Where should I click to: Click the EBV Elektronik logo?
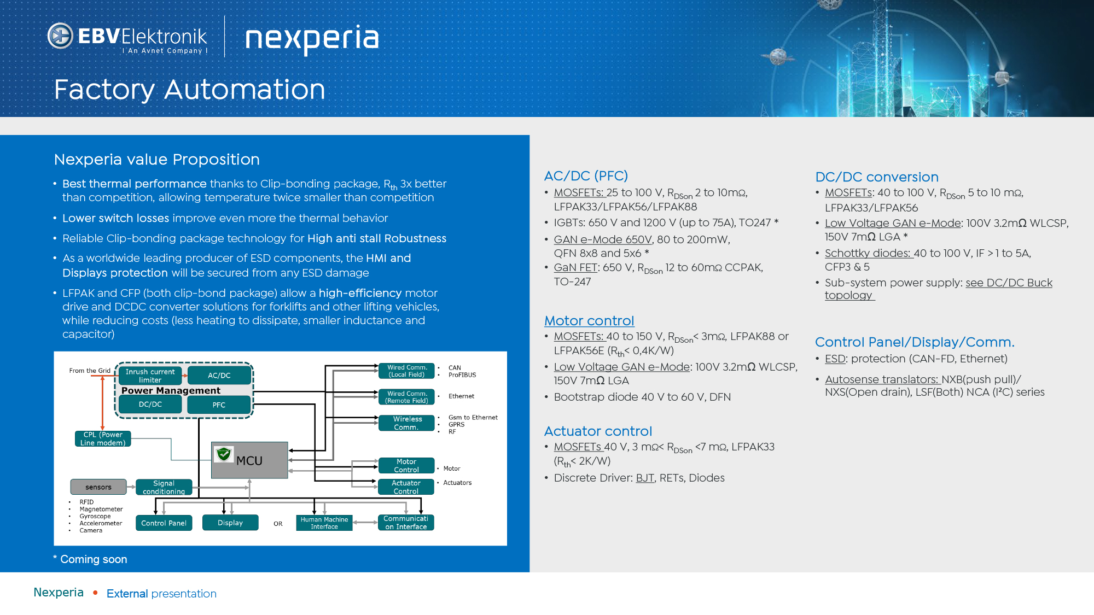tap(127, 37)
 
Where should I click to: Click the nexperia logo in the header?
tap(312, 38)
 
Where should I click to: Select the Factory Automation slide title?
tap(189, 90)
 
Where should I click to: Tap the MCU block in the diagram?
tap(249, 460)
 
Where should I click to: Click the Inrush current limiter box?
tap(150, 376)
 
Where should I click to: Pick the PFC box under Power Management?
tap(219, 405)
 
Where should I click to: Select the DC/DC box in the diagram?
tap(150, 405)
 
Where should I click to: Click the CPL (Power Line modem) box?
tap(103, 439)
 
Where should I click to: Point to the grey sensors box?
tap(98, 487)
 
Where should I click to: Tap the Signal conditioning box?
tap(164, 487)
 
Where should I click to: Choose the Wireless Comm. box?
tap(407, 423)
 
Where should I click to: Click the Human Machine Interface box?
tap(324, 523)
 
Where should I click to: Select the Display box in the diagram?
tap(230, 523)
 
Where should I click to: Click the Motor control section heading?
tap(589, 321)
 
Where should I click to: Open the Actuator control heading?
tap(598, 431)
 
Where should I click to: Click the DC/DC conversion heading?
tap(876, 177)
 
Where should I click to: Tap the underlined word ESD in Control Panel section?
tap(835, 359)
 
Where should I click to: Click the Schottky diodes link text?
tap(869, 253)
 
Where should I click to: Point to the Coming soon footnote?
tap(91, 559)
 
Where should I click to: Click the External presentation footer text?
tap(161, 594)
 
